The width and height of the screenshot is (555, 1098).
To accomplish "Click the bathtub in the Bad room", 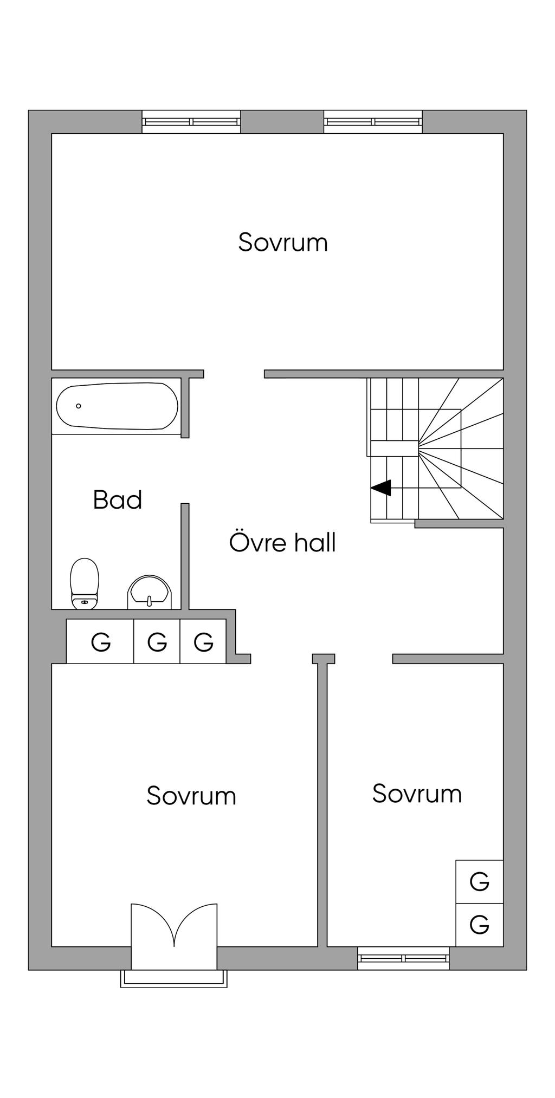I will coord(117,407).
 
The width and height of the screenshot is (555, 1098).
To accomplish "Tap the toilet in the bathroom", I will coord(85,583).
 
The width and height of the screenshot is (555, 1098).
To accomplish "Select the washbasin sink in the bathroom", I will coord(149,593).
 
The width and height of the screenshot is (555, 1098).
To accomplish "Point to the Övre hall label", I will coord(282,542).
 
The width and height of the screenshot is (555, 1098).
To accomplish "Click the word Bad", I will coord(117,499).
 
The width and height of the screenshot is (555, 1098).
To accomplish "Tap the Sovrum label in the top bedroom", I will coord(282,242).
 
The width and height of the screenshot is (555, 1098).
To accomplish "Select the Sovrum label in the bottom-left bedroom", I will coord(191,796).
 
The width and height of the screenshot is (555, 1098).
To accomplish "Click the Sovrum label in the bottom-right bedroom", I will coord(416,794).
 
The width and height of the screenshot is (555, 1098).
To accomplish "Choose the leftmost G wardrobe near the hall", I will coord(100,642).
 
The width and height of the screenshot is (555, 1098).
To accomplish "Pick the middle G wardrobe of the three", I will coord(157,642).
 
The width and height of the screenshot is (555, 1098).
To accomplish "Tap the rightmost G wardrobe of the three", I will coord(203,642).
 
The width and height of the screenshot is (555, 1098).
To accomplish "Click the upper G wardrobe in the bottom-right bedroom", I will coord(479,881).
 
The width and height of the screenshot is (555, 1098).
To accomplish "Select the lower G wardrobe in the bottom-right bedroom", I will coord(479,924).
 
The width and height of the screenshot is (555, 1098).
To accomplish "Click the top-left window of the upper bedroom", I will coord(191,122).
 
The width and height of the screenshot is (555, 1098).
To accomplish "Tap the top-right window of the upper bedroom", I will coord(373,122).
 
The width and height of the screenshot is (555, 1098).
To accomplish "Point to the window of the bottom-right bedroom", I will coord(403,958).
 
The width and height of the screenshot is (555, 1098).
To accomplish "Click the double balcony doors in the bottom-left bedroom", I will coord(174,926).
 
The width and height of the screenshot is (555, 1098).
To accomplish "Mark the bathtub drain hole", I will coord(79,406).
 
